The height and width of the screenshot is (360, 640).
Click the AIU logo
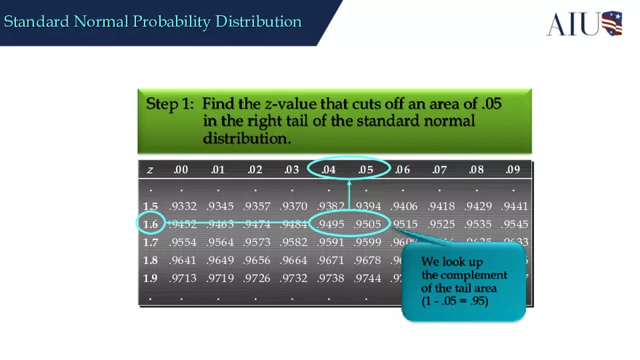[584, 23]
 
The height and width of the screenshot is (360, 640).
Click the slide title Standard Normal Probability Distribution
[153, 22]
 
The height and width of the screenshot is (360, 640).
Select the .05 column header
[365, 170]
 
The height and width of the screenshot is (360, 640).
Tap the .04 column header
[329, 170]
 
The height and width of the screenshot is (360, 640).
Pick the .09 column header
[513, 170]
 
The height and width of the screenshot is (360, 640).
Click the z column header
[150, 170]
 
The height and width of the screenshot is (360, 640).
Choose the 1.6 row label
[150, 224]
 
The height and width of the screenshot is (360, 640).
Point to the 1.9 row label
[150, 278]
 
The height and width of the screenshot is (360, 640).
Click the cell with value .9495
[330, 224]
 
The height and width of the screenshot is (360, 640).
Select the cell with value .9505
[367, 224]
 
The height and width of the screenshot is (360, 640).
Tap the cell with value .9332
[183, 207]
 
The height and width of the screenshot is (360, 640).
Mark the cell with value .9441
[515, 207]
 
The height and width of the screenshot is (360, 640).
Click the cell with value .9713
[183, 278]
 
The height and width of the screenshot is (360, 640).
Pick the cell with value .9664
[294, 260]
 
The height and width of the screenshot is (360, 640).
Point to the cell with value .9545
[515, 224]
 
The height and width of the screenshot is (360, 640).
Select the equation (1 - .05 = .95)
[455, 301]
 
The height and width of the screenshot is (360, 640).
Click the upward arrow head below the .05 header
[349, 183]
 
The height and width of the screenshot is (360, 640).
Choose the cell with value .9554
[183, 242]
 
